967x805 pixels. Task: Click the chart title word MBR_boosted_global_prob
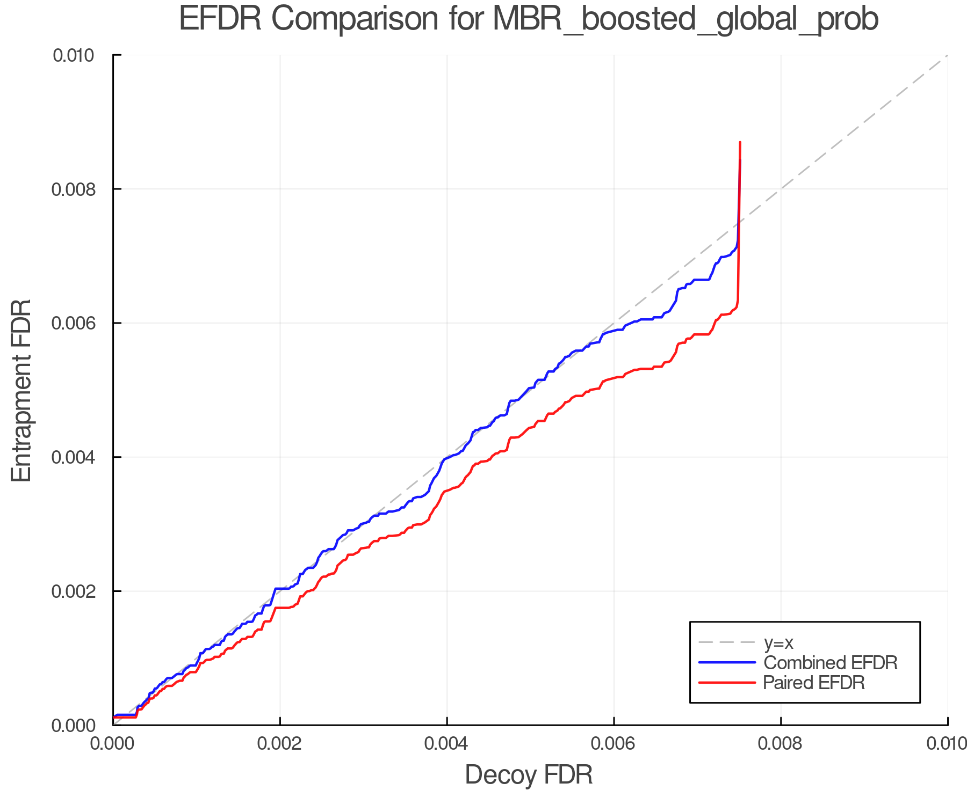(685, 19)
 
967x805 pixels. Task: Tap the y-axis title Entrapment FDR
(21, 390)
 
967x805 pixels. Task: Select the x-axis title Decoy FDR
(529, 775)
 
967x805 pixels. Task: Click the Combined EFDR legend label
(831, 663)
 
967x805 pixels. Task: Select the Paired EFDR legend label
(814, 683)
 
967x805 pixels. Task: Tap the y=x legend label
(778, 642)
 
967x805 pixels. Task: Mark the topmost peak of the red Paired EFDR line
(740, 142)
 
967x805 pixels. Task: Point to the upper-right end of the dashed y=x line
(947, 55)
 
